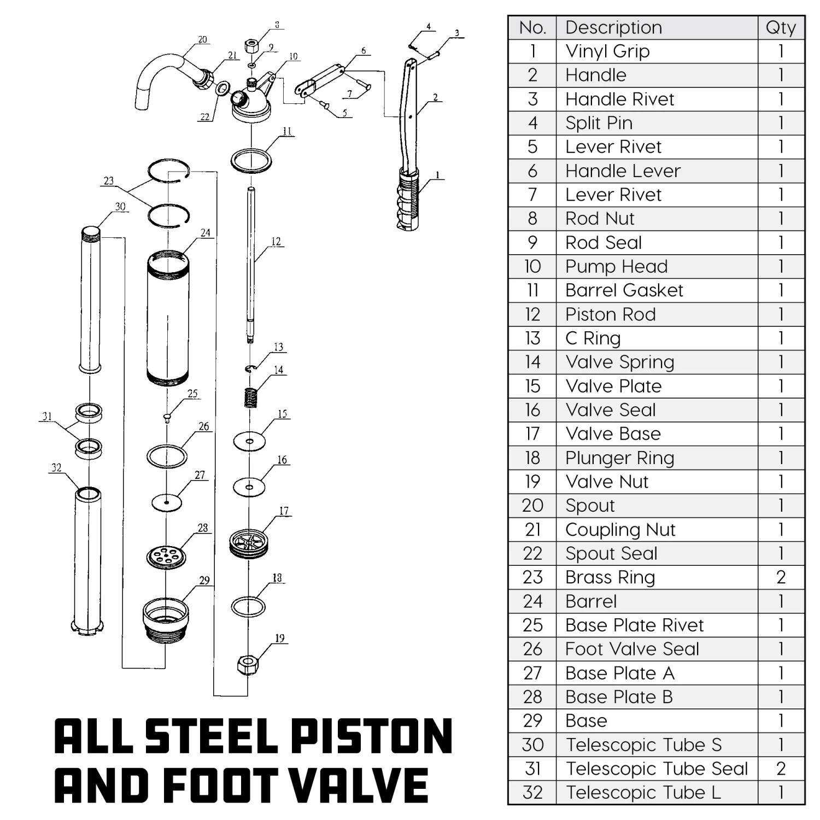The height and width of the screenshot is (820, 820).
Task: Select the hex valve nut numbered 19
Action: [x=247, y=665]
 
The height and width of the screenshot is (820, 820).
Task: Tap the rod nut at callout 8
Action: [x=252, y=45]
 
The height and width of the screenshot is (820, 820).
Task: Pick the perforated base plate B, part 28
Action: [x=166, y=557]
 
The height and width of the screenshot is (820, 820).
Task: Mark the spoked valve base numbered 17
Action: [x=249, y=543]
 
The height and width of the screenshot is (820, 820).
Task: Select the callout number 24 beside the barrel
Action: [x=205, y=233]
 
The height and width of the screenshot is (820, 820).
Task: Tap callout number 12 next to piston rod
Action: [x=276, y=242]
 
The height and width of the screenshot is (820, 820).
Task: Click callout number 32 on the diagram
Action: [x=56, y=467]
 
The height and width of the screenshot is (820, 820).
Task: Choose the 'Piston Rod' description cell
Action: [x=610, y=314]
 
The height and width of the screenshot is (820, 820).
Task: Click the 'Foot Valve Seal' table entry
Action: [x=632, y=649]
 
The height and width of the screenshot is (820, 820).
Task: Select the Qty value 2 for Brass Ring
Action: [x=781, y=577]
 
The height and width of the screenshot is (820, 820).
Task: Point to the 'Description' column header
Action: [x=613, y=27]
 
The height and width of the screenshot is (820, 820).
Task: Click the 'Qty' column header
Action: [x=781, y=27]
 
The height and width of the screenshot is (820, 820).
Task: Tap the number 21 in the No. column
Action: [x=532, y=530]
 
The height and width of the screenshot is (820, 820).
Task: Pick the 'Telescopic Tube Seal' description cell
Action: [x=656, y=769]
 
